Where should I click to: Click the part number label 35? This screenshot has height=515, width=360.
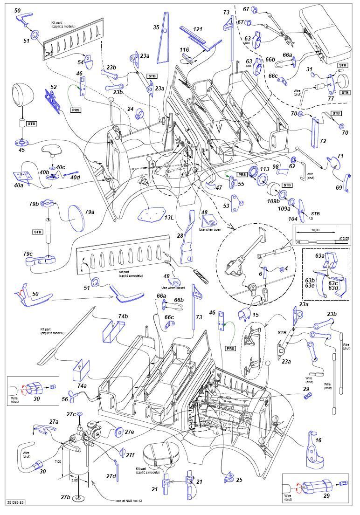[156, 27]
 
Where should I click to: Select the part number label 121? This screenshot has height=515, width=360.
[198, 29]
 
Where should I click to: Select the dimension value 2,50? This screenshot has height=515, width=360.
[74, 480]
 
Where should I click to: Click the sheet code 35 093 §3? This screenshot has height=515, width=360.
[15, 502]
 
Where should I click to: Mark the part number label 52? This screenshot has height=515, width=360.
[54, 87]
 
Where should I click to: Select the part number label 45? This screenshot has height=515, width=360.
[21, 150]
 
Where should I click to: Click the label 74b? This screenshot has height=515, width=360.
[123, 316]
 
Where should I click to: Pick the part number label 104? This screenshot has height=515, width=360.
[292, 218]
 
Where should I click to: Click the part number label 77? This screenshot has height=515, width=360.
[331, 98]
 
